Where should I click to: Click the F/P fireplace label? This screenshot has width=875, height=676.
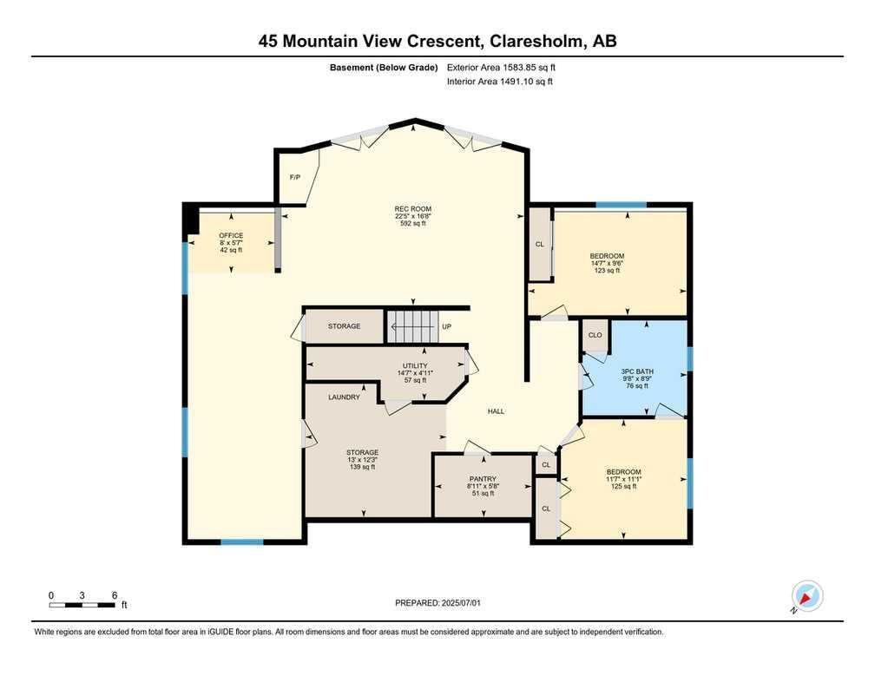pyautogui.click(x=294, y=177)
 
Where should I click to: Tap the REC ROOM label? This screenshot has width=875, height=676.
pyautogui.click(x=413, y=209)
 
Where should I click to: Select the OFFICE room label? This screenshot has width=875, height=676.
pyautogui.click(x=231, y=235)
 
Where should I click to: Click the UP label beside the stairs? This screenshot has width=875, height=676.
pyautogui.click(x=446, y=326)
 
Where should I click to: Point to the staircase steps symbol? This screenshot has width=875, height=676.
pyautogui.click(x=410, y=327)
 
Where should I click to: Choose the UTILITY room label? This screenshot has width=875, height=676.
pyautogui.click(x=415, y=366)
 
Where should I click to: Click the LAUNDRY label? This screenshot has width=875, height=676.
pyautogui.click(x=344, y=397)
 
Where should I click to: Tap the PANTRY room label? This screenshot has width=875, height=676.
pyautogui.click(x=483, y=478)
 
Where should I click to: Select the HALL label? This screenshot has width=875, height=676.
pyautogui.click(x=497, y=411)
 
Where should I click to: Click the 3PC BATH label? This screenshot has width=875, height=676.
pyautogui.click(x=637, y=371)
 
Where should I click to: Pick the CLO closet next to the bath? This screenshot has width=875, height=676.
pyautogui.click(x=595, y=335)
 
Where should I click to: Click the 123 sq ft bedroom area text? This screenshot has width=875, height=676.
pyautogui.click(x=607, y=271)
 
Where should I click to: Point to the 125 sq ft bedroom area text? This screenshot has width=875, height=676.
pyautogui.click(x=623, y=486)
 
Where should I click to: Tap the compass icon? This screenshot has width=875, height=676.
pyautogui.click(x=807, y=595)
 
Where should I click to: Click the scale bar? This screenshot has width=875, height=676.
pyautogui.click(x=82, y=605)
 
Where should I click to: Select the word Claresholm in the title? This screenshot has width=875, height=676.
pyautogui.click(x=536, y=42)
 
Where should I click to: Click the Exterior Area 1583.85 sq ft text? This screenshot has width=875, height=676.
pyautogui.click(x=501, y=68)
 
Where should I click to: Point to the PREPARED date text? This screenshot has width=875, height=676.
pyautogui.click(x=437, y=603)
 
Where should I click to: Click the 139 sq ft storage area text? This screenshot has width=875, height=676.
pyautogui.click(x=362, y=467)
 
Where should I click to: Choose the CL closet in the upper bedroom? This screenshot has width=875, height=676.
pyautogui.click(x=540, y=244)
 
